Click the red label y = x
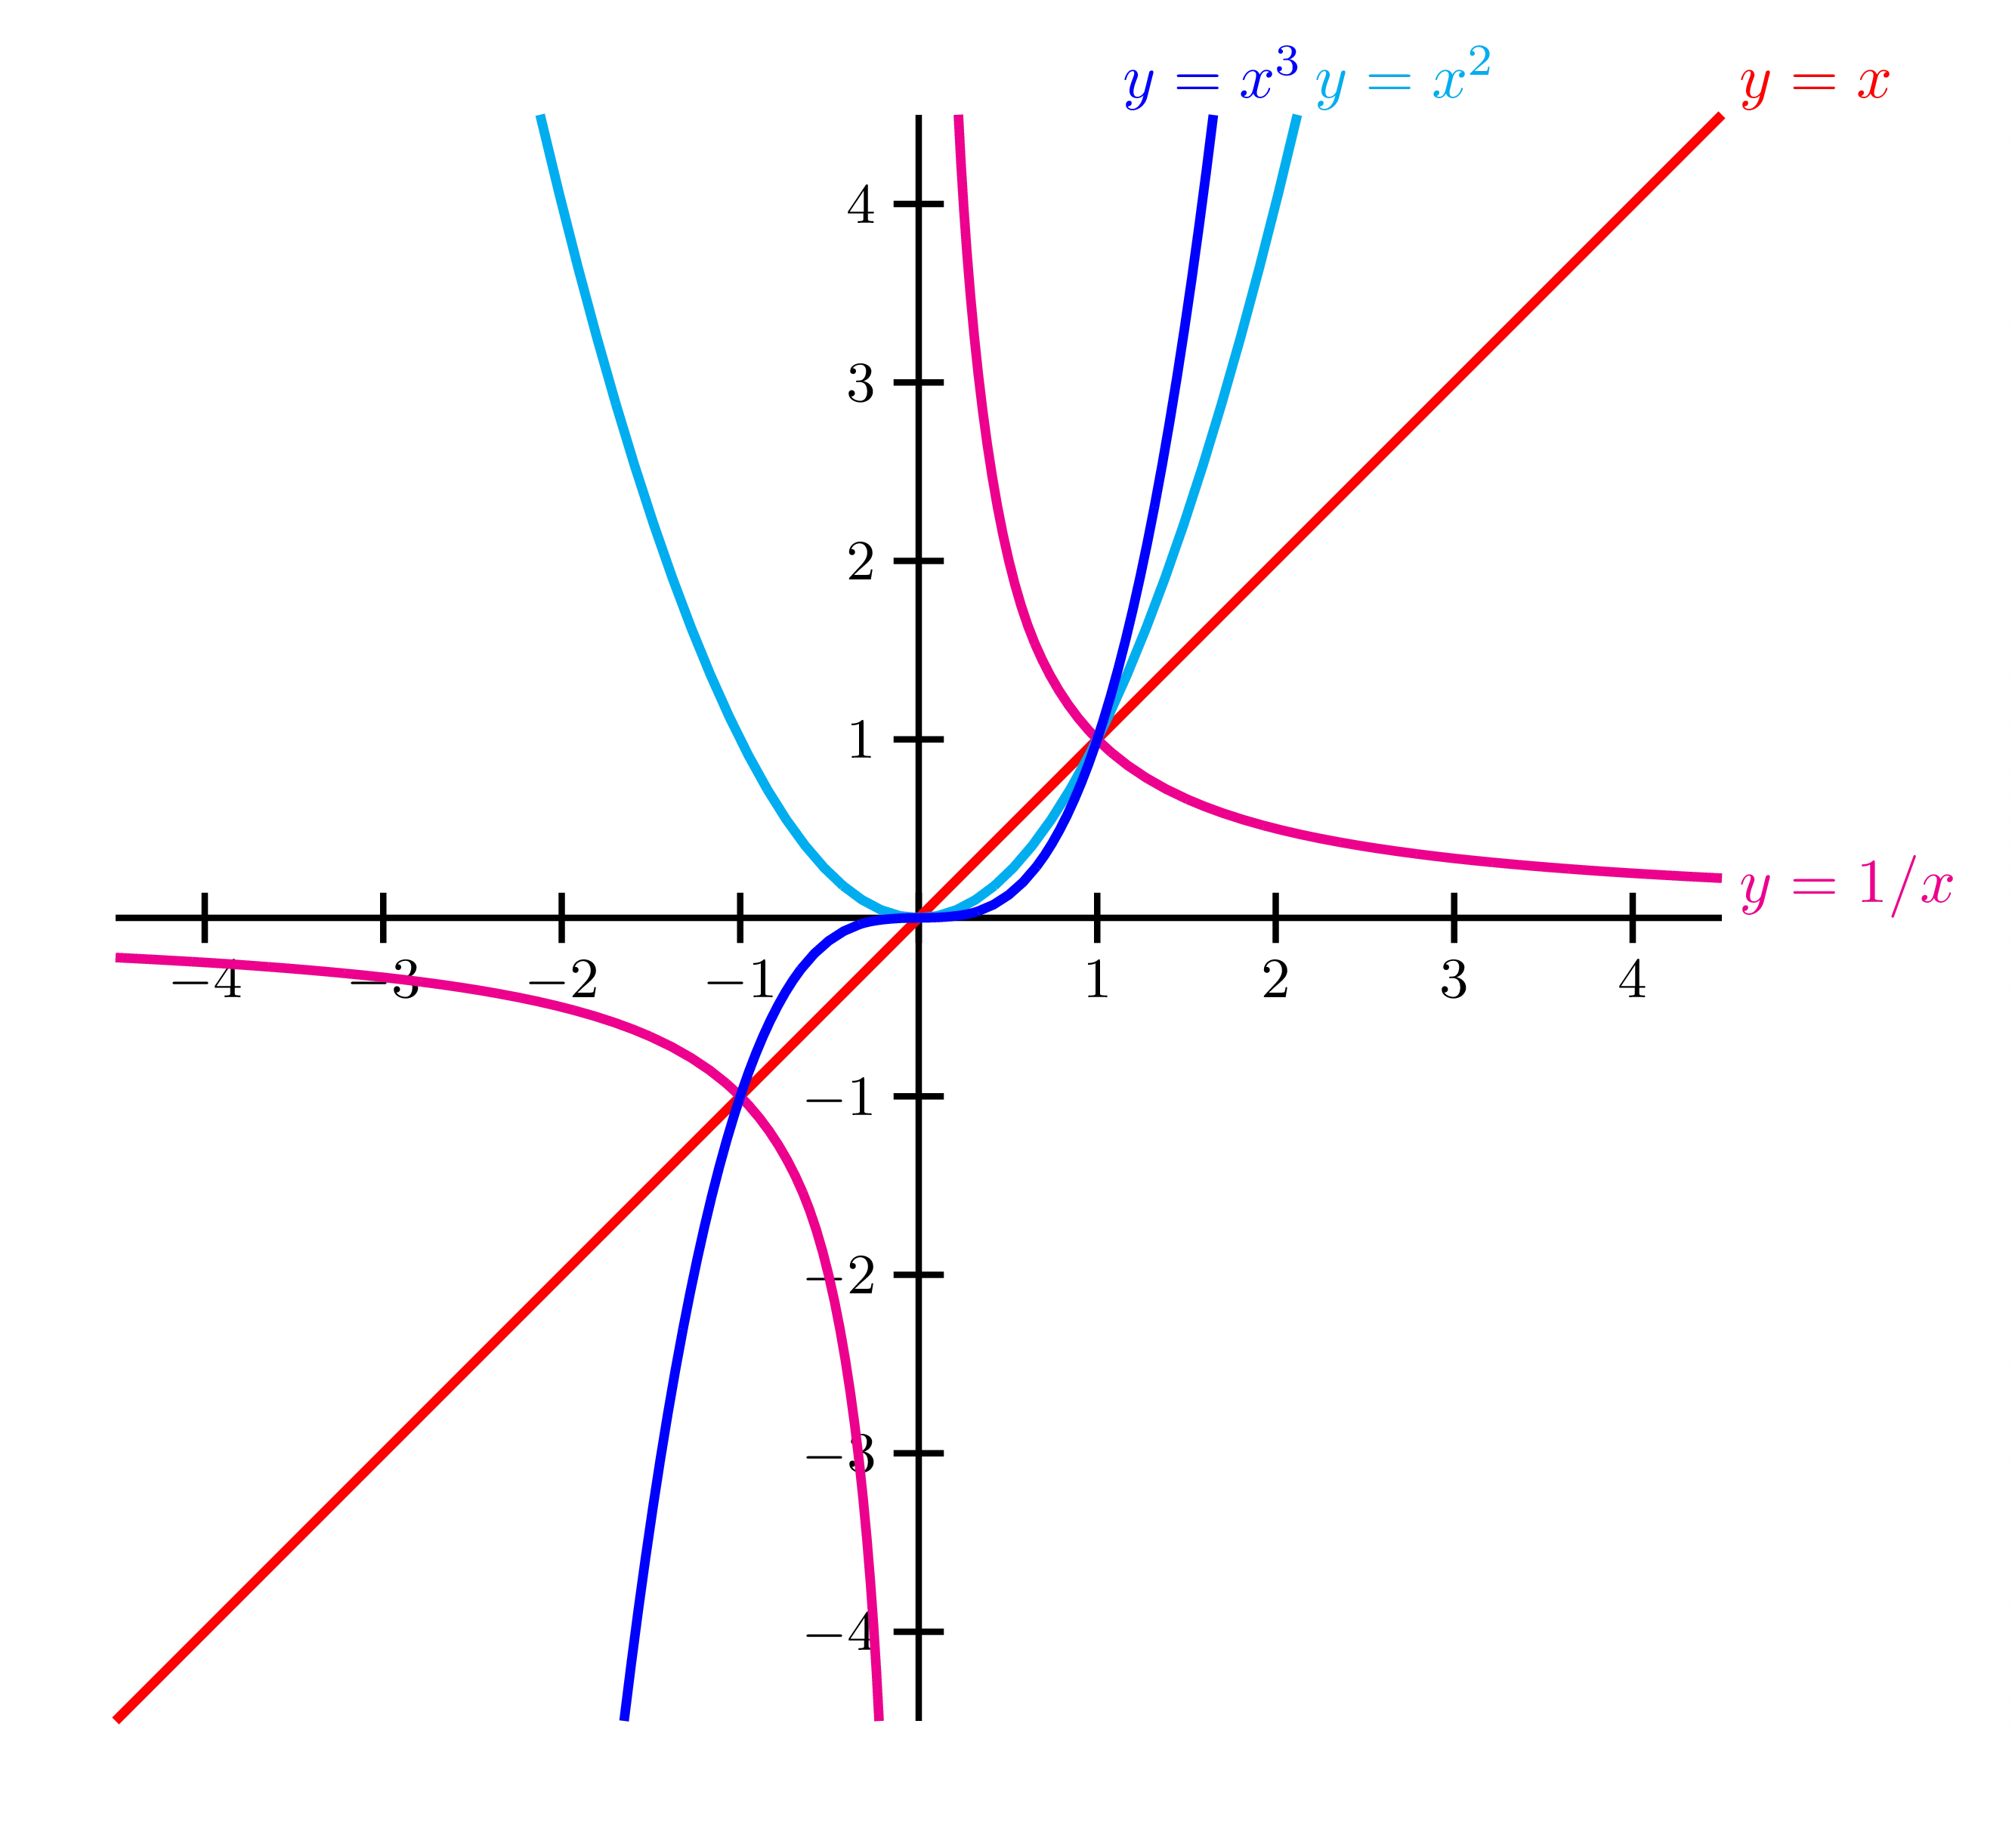(x=1815, y=84)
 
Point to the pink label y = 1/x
(x=1847, y=885)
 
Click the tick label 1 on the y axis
(x=861, y=740)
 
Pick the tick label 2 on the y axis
(x=861, y=563)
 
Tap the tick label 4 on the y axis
(x=861, y=207)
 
